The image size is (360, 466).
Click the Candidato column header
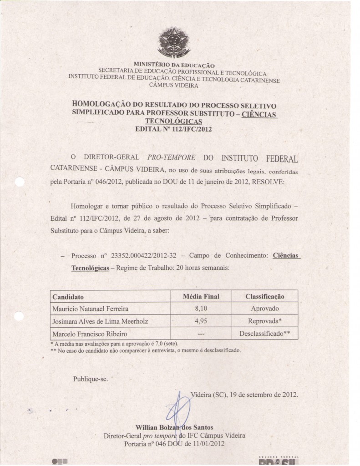(x=68, y=297)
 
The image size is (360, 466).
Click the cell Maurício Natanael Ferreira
(x=90, y=309)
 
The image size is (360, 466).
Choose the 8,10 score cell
(x=201, y=309)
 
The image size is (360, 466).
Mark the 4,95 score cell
(x=201, y=321)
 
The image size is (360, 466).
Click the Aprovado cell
(x=265, y=309)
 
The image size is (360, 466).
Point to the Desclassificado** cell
(x=265, y=334)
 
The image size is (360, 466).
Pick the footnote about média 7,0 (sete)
(x=114, y=344)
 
